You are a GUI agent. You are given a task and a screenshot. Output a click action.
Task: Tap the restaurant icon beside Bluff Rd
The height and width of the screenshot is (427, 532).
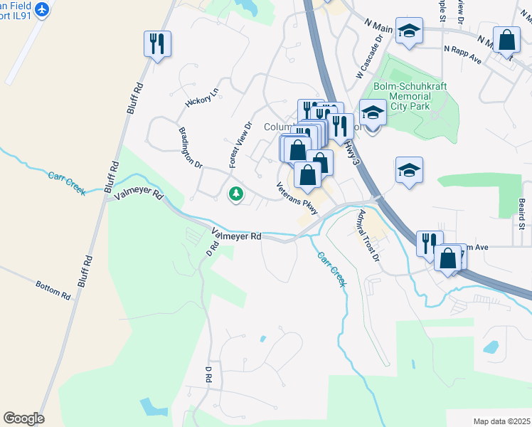[x=157, y=43]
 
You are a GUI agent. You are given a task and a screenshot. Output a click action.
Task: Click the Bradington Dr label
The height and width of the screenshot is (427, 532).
[x=191, y=147]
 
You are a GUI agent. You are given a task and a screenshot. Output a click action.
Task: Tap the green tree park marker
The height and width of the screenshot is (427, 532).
[x=235, y=194]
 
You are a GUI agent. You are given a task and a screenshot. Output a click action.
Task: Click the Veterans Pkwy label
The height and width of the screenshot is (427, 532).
[x=297, y=196]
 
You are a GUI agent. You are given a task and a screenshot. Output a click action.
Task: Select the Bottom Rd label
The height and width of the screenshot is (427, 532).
[x=53, y=289]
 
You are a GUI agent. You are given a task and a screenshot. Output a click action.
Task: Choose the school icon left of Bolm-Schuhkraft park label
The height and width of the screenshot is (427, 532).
[x=371, y=112]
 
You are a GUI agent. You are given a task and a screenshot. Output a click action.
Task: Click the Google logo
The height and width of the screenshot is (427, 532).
[x=23, y=418]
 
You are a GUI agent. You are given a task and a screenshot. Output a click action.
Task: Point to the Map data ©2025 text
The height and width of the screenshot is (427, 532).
[x=501, y=421]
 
